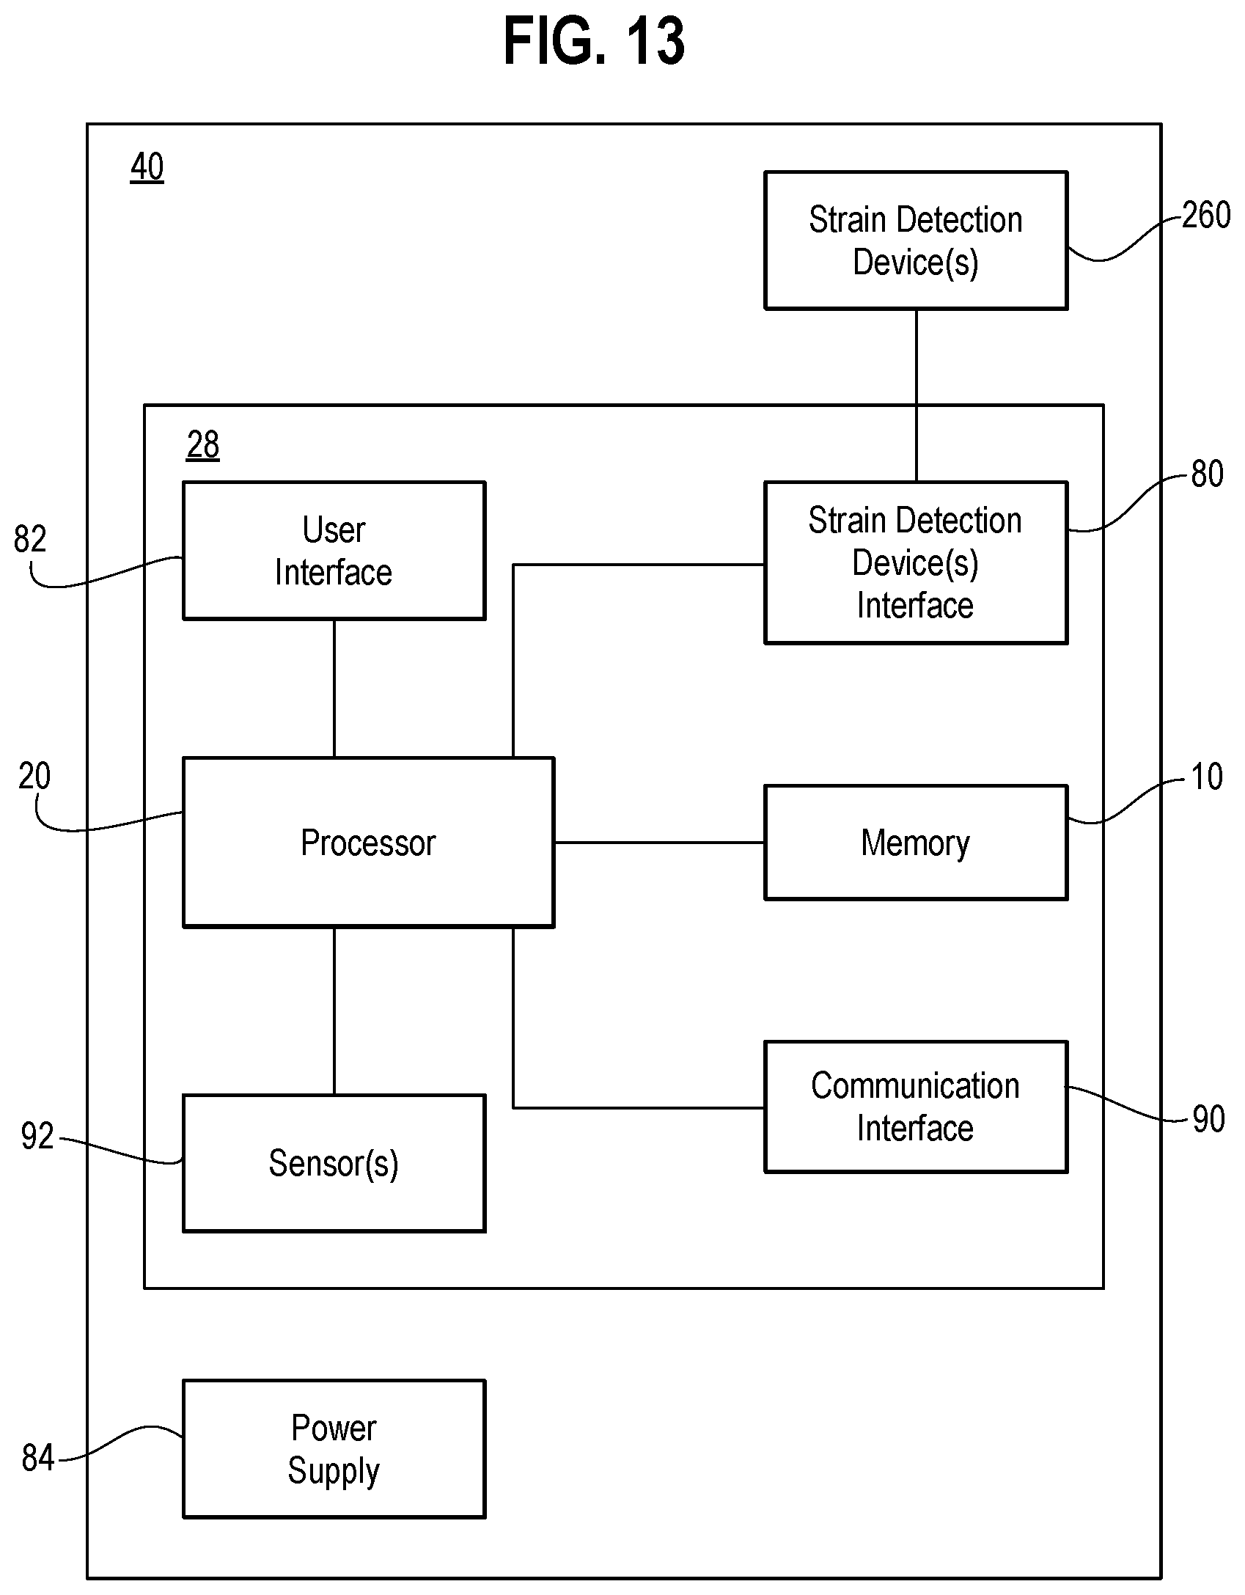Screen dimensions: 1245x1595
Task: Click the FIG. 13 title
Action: pos(594,43)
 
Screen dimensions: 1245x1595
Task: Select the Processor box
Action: pos(368,842)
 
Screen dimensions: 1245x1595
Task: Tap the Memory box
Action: pos(916,842)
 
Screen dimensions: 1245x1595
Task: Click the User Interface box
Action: pos(334,550)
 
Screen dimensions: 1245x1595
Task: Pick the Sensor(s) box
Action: pos(334,1163)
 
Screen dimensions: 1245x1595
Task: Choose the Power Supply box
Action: pos(334,1449)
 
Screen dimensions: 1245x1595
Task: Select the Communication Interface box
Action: pos(916,1107)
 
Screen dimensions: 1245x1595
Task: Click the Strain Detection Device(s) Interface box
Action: pos(916,562)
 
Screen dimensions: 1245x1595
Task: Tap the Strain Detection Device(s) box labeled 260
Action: pos(916,241)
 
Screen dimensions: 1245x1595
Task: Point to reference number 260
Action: pos(1206,216)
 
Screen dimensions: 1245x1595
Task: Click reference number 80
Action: pos(1207,474)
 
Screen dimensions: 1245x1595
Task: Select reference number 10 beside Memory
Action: pos(1207,777)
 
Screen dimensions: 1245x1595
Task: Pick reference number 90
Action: pos(1208,1119)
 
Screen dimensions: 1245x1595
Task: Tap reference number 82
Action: pos(30,539)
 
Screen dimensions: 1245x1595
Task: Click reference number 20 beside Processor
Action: pos(34,776)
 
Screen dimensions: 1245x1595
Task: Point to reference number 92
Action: pos(37,1136)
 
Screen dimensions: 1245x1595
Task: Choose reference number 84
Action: pos(38,1458)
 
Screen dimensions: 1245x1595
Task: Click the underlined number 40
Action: pos(147,167)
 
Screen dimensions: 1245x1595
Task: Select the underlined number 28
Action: pos(203,445)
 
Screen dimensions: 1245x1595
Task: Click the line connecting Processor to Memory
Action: pos(659,843)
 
